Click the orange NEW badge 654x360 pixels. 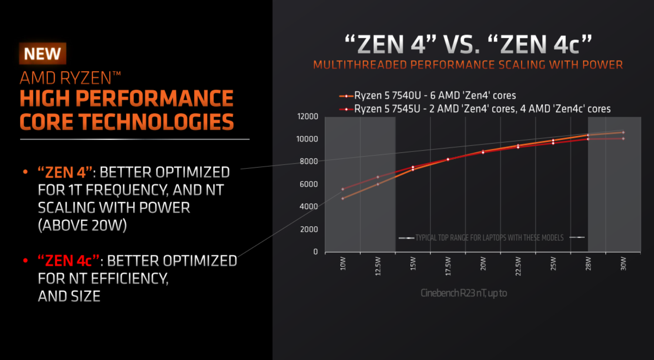pyautogui.click(x=42, y=54)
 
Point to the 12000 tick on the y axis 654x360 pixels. pyautogui.click(x=308, y=117)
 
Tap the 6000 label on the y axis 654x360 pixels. pyautogui.click(x=309, y=184)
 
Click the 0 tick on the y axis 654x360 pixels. pyautogui.click(x=315, y=252)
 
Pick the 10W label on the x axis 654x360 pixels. pyautogui.click(x=343, y=263)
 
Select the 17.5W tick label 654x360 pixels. pyautogui.click(x=448, y=266)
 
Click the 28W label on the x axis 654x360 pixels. pyautogui.click(x=588, y=263)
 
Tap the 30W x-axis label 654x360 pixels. pyautogui.click(x=623, y=263)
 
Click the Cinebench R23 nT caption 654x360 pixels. pyautogui.click(x=463, y=293)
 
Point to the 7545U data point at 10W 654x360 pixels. pyautogui.click(x=343, y=189)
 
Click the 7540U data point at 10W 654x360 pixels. pyautogui.click(x=343, y=199)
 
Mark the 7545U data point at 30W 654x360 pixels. pyautogui.click(x=623, y=139)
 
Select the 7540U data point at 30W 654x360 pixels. pyautogui.click(x=623, y=132)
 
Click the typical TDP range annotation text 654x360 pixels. pyautogui.click(x=489, y=238)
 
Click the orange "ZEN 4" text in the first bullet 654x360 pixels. pyautogui.click(x=65, y=172)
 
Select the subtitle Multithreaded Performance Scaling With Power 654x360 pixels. pyautogui.click(x=468, y=65)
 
